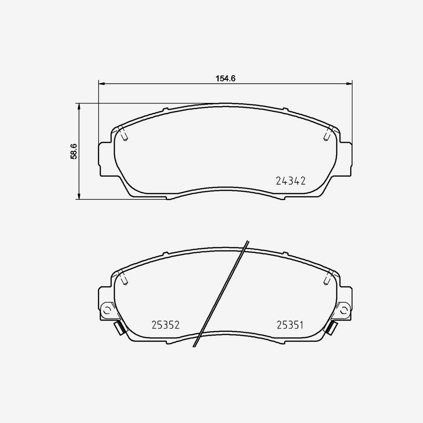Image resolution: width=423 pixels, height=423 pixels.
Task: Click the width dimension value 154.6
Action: click(x=225, y=78)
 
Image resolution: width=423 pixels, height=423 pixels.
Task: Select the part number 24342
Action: click(x=291, y=181)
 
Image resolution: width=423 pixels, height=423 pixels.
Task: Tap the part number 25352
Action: click(x=166, y=325)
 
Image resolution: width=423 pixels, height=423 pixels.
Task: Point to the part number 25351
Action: click(x=291, y=325)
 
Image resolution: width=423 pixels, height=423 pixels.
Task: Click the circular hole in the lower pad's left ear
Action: click(x=107, y=310)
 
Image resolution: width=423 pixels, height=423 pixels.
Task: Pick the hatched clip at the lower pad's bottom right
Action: click(x=332, y=328)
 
